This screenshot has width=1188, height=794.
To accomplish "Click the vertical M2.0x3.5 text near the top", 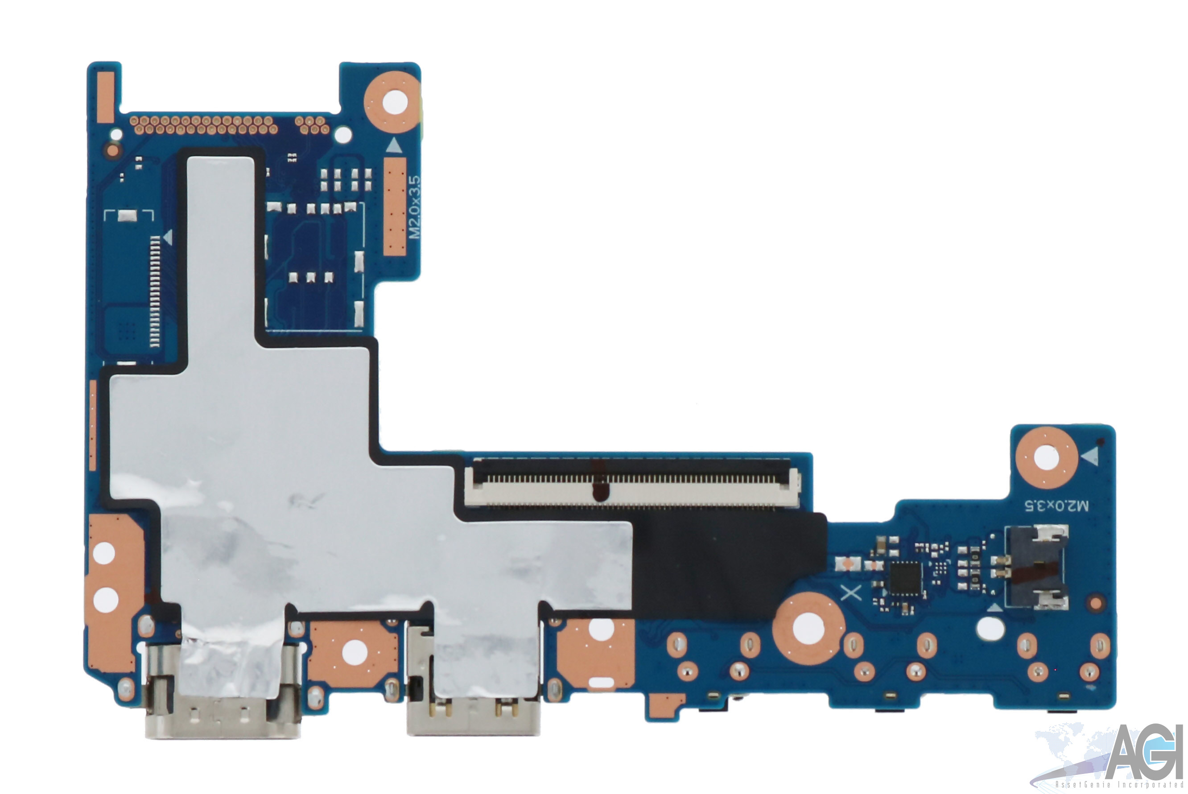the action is [415, 207].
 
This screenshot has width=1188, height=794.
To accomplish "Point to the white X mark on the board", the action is [851, 592].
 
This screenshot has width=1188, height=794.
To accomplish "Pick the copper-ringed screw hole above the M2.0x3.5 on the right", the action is [1046, 458].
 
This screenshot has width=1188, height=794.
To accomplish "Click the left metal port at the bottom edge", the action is [223, 691].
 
